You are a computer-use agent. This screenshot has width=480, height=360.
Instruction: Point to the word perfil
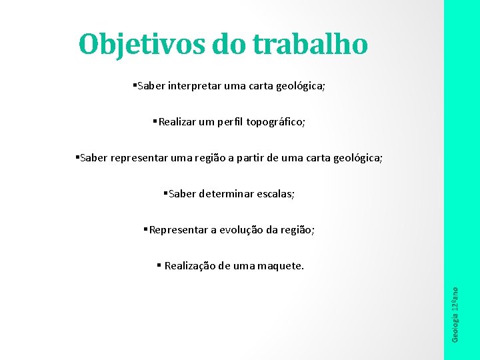(x=230, y=122)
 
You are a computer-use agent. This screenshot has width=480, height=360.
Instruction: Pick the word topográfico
(x=276, y=122)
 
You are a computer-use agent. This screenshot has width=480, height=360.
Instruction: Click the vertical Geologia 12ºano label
(x=455, y=314)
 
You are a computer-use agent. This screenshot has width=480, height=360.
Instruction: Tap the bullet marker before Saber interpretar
(x=134, y=85)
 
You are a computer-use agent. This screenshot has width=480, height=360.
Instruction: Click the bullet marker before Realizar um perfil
(x=154, y=121)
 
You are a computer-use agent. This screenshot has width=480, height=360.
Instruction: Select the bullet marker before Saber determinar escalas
(x=165, y=193)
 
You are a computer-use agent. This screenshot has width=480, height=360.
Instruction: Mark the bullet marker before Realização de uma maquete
(x=159, y=265)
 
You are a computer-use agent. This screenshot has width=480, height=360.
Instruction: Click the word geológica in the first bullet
(x=301, y=86)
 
